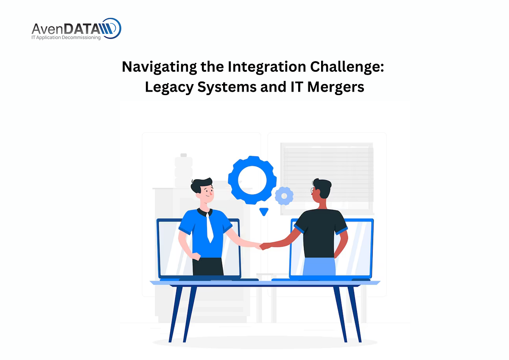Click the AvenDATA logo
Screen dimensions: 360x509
pyautogui.click(x=76, y=29)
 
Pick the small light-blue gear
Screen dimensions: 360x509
pyautogui.click(x=284, y=196)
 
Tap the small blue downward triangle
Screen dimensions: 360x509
pyautogui.click(x=264, y=211)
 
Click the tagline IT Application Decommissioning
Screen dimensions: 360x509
pyautogui.click(x=66, y=37)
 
